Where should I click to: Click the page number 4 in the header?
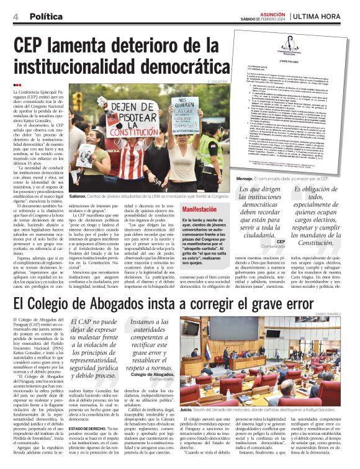(14, 16)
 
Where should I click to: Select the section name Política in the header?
(46, 16)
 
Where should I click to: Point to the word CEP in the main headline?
(35, 45)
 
